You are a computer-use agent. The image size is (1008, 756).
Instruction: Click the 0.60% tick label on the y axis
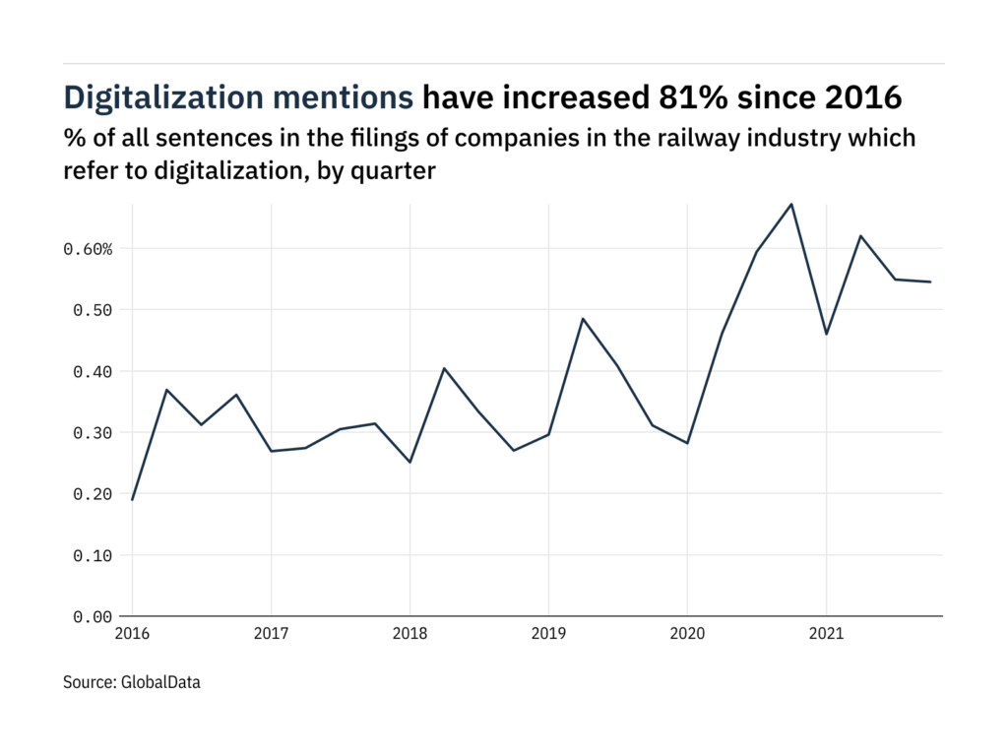click(x=90, y=249)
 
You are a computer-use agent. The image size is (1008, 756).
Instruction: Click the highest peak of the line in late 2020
click(x=791, y=204)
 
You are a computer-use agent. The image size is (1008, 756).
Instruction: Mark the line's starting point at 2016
click(x=133, y=499)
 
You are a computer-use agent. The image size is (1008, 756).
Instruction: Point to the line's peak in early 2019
click(x=583, y=319)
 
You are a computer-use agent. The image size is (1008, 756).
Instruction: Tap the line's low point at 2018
click(x=410, y=462)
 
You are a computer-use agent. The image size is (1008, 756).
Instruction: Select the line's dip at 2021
click(x=826, y=334)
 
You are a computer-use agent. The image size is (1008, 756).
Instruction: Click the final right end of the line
click(x=930, y=282)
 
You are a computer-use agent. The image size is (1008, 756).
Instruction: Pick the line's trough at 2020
click(x=687, y=443)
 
